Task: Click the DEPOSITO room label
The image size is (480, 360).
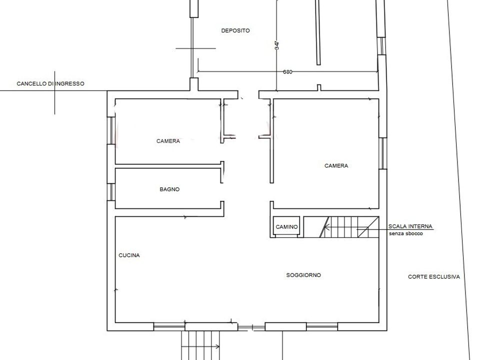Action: [x=235, y=30]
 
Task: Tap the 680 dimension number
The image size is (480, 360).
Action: [x=287, y=72]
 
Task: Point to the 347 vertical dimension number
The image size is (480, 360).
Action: [x=277, y=45]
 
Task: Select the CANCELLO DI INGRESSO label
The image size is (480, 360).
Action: [x=50, y=83]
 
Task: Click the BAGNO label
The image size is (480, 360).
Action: [x=169, y=189]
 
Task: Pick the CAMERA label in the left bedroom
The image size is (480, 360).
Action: [x=168, y=141]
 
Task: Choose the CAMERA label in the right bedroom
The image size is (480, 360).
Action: [x=336, y=166]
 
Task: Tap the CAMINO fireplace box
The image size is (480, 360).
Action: [x=286, y=227]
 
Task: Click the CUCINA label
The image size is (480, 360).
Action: [x=129, y=255]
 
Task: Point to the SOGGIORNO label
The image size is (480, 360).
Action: [x=303, y=275]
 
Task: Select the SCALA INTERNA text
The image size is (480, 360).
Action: [x=410, y=226]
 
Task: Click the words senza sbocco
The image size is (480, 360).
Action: [x=406, y=233]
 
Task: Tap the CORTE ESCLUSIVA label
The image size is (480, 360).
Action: [x=434, y=277]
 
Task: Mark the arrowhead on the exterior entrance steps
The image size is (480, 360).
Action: [x=217, y=347]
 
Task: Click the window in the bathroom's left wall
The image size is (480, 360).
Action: [x=111, y=192]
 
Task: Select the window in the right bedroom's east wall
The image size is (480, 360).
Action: [x=382, y=153]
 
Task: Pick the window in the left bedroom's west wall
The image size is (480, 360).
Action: [x=111, y=130]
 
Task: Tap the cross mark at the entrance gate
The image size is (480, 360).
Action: [x=55, y=91]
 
